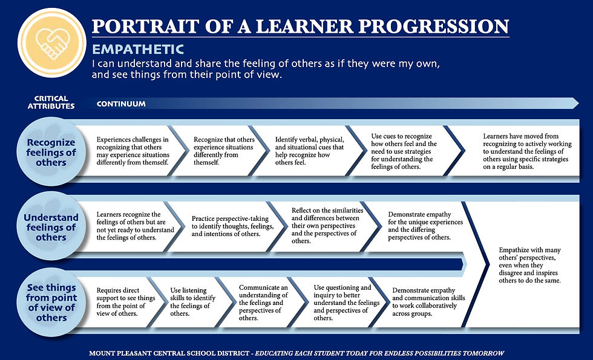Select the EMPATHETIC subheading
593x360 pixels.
point(138,49)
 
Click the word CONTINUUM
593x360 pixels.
point(121,104)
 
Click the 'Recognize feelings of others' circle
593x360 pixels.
point(51,152)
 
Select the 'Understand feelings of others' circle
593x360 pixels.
point(51,227)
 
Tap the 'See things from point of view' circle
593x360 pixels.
point(51,302)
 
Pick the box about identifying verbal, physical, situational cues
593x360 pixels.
point(309,151)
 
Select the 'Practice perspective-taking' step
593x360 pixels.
point(232,226)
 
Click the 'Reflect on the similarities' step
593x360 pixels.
point(326,224)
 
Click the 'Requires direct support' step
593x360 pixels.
point(126,302)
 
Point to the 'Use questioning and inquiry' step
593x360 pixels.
point(342,302)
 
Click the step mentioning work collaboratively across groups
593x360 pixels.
point(428,302)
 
